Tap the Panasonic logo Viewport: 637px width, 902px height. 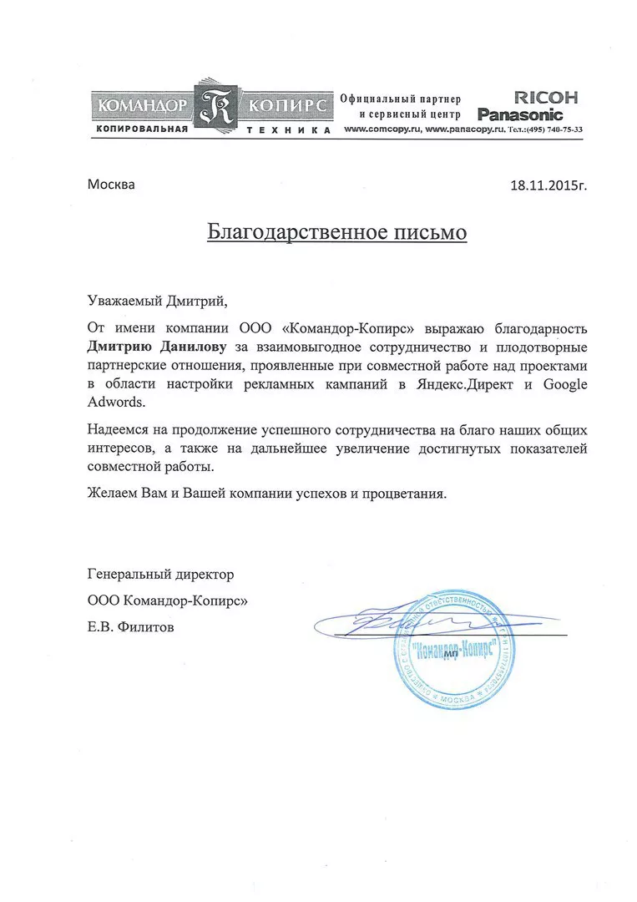(520, 114)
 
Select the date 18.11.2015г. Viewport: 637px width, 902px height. (549, 185)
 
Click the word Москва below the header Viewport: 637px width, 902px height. (111, 185)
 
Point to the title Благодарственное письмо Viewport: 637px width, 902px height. (337, 231)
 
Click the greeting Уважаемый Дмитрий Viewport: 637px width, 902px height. (157, 300)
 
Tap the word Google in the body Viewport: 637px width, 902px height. (566, 383)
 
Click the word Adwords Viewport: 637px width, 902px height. (116, 403)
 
